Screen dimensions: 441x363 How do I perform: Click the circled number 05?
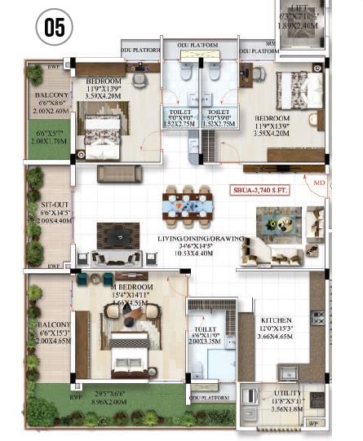[x=54, y=27]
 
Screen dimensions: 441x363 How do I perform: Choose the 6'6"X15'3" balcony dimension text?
[x=50, y=333]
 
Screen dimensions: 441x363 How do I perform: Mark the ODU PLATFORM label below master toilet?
[x=212, y=399]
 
